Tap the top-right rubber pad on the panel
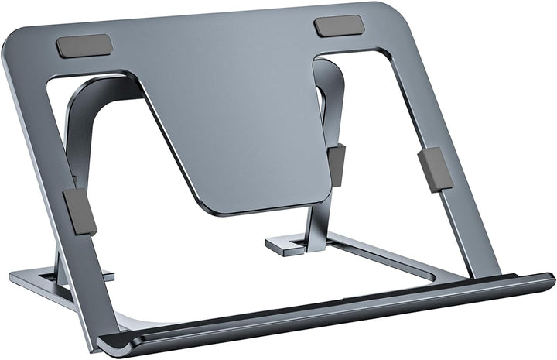(x=339, y=26)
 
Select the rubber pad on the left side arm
(x=80, y=210)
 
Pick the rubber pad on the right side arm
(x=435, y=169)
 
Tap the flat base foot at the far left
(x=31, y=276)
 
